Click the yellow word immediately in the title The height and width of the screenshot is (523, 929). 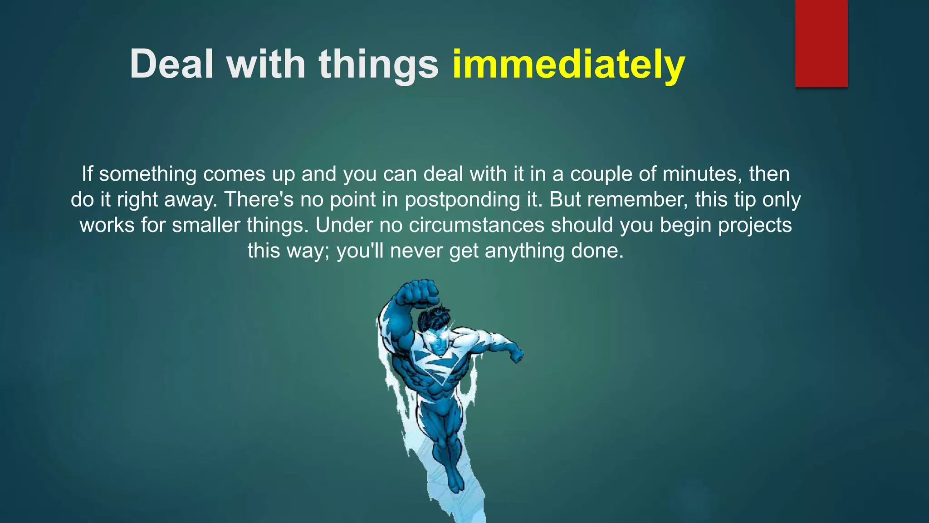568,64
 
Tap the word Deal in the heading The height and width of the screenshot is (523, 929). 171,64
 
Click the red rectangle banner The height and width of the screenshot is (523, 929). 821,43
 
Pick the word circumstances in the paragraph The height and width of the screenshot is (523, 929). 476,225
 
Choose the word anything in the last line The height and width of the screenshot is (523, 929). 524,251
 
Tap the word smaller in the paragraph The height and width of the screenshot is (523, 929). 206,225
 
